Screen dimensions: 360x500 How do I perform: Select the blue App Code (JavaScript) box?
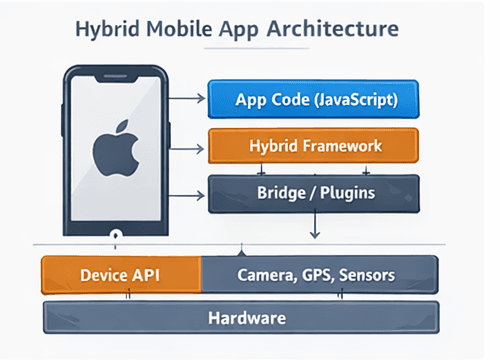[x=312, y=101]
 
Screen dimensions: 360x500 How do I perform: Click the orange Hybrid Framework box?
[x=312, y=146]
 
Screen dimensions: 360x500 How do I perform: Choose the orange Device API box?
[x=120, y=274]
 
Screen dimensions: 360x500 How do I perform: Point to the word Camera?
[x=265, y=274]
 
